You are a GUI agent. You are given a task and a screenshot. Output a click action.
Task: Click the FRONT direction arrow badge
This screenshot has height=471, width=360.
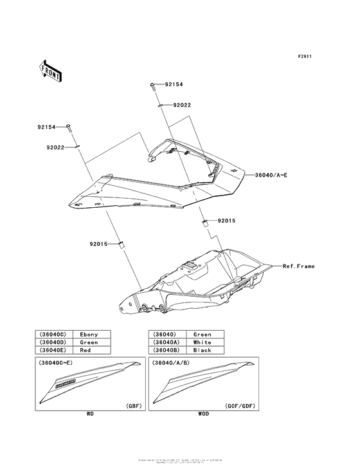(x=51, y=71)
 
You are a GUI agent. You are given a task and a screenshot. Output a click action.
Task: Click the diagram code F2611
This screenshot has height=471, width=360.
(x=304, y=56)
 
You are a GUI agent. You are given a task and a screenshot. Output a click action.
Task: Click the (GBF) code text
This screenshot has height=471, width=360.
(x=116, y=407)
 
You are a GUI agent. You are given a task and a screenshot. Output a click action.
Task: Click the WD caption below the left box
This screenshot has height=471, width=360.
(x=90, y=414)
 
